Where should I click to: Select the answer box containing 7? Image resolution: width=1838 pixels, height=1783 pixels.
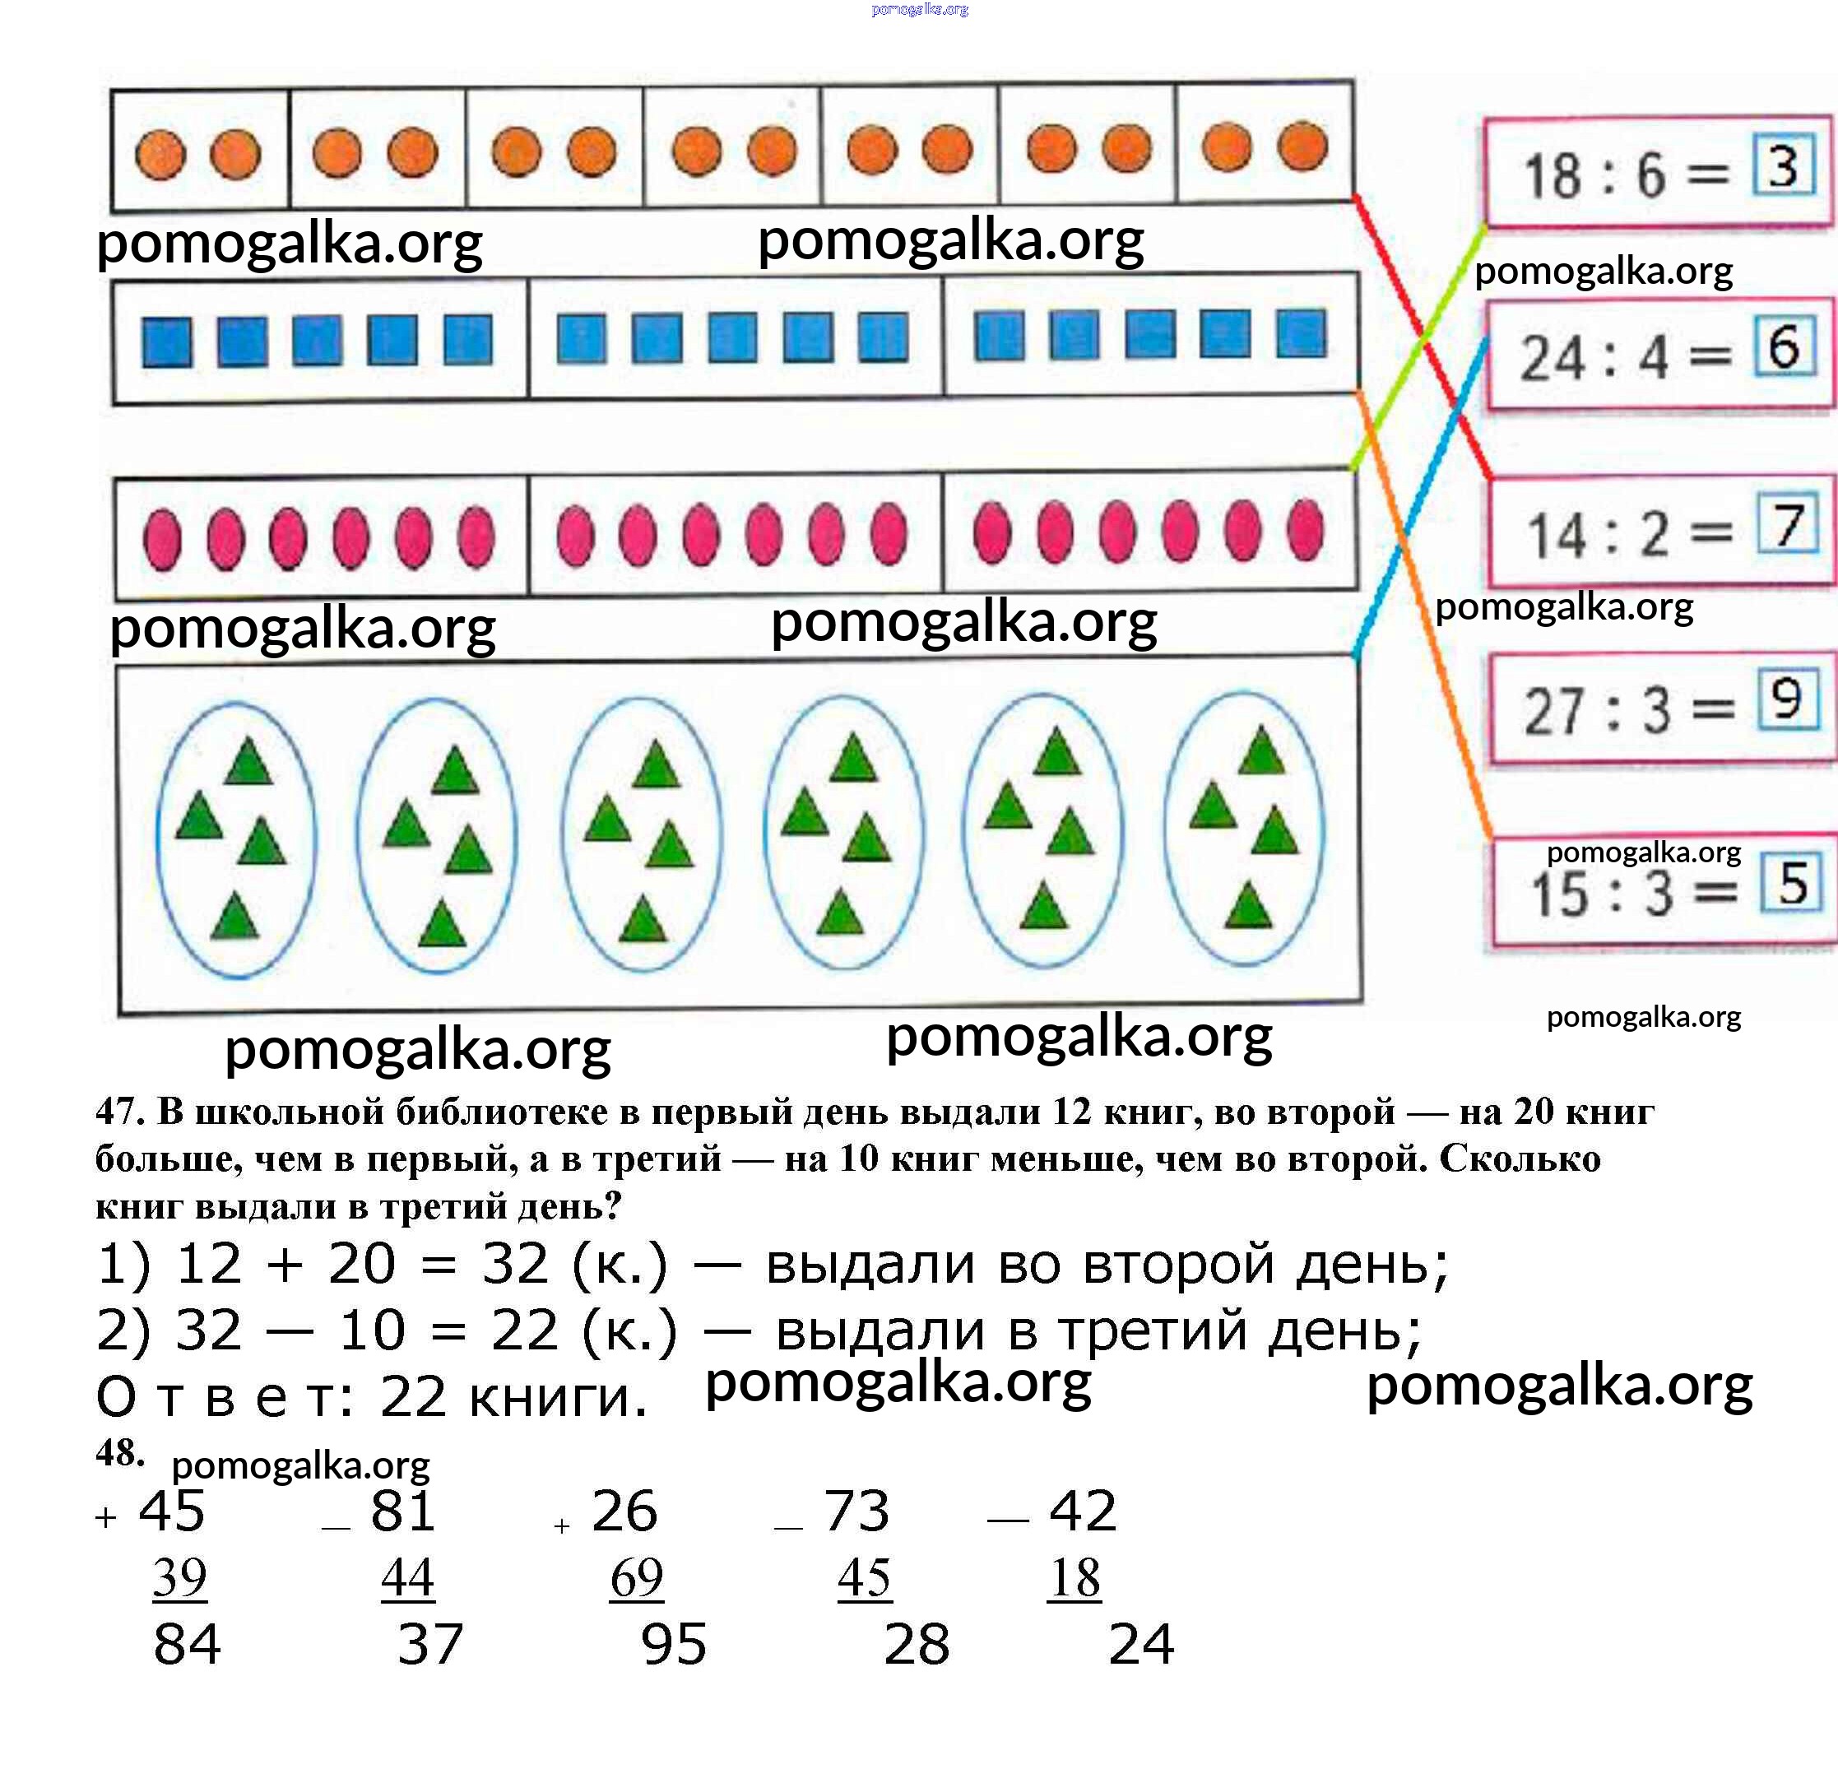1786,525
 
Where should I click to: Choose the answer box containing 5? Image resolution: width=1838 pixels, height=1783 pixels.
1791,883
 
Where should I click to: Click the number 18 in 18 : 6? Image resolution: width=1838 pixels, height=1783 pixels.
1552,176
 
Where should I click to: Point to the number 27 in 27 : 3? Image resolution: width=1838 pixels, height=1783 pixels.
1553,711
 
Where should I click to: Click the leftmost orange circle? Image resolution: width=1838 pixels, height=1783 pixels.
160,155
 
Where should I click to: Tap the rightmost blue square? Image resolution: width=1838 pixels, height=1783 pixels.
1301,334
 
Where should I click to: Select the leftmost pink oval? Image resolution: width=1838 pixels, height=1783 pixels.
162,539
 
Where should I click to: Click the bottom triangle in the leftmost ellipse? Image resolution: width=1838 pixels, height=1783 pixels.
234,917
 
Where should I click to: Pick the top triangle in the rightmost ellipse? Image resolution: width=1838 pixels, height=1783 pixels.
1261,750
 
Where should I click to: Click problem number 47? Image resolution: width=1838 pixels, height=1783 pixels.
119,1112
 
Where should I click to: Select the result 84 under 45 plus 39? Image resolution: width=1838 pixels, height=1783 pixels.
187,1644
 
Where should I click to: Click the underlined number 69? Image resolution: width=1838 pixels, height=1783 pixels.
636,1577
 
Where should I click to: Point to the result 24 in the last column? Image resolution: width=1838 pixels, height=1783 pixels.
1140,1644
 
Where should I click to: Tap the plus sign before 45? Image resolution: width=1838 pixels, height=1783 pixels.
106,1516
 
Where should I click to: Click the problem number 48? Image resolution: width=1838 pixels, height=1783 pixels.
119,1453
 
